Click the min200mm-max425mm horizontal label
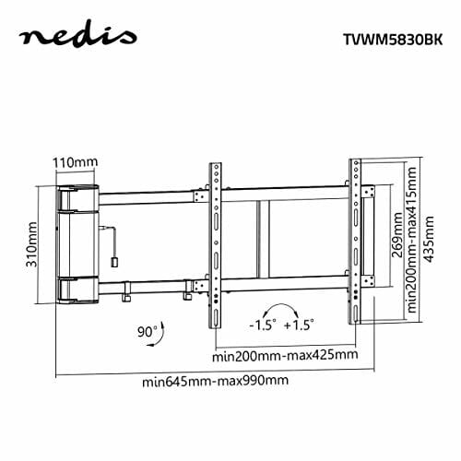pyautogui.click(x=284, y=354)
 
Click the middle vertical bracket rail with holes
pyautogui.click(x=216, y=242)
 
